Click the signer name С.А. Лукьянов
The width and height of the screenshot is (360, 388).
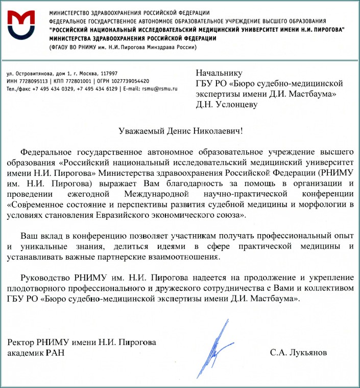(298, 353)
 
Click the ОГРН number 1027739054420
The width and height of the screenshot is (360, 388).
(129, 81)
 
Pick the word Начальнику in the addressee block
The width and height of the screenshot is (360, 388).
(219, 73)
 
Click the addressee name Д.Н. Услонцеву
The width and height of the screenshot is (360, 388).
(227, 105)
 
